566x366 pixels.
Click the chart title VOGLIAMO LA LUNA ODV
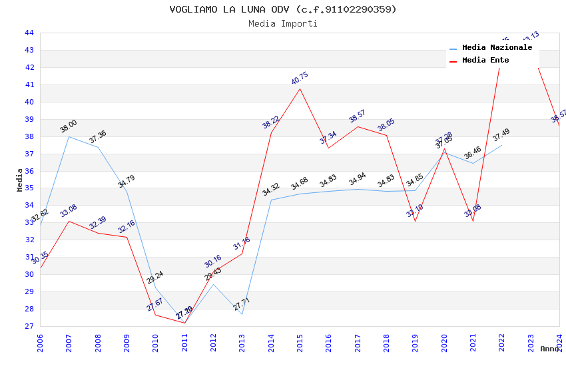(x=282, y=9)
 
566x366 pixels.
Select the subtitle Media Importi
(x=282, y=24)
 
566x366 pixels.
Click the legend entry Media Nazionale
(x=497, y=48)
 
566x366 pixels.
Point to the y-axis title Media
(x=19, y=179)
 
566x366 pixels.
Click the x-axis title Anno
(x=549, y=349)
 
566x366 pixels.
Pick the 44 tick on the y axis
(x=29, y=33)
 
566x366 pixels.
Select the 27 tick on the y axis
(x=29, y=326)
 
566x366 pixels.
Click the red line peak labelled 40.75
(x=300, y=89)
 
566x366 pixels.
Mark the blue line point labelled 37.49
(x=501, y=145)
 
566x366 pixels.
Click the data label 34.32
(x=270, y=190)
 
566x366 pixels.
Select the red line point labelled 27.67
(x=155, y=315)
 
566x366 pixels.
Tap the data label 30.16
(x=212, y=261)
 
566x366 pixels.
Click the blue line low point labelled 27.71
(x=242, y=314)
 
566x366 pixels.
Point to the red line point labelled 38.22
(x=271, y=132)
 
